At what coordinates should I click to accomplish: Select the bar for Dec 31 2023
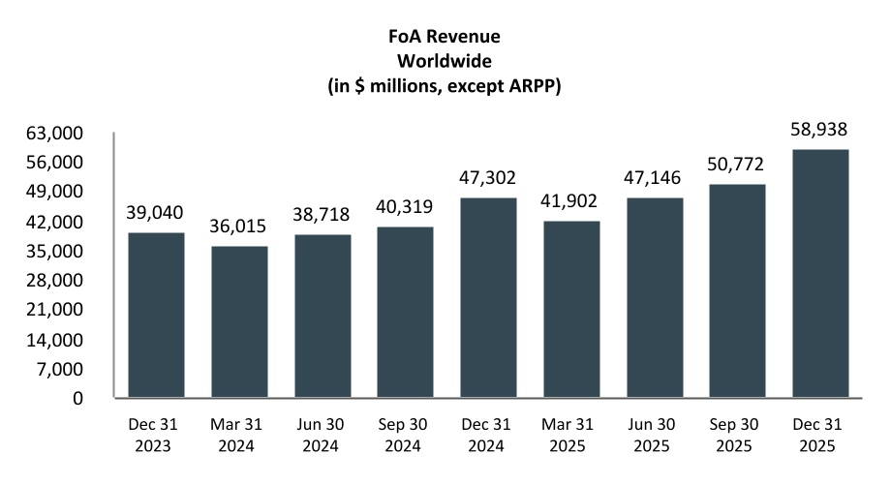(156, 315)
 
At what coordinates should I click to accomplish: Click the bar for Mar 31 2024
(239, 321)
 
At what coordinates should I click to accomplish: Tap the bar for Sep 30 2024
(405, 312)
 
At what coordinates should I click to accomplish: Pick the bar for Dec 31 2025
(820, 273)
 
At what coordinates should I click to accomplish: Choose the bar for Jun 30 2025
(655, 297)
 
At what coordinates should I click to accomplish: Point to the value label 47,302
(488, 178)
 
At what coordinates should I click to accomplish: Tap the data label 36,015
(239, 228)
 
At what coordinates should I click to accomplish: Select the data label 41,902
(571, 202)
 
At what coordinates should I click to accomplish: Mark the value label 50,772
(738, 165)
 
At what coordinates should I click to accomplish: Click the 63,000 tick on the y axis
(59, 133)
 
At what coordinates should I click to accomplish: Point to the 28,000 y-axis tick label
(59, 281)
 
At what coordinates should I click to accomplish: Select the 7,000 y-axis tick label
(64, 369)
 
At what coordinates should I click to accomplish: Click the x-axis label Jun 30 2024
(322, 436)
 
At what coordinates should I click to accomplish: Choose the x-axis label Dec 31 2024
(488, 436)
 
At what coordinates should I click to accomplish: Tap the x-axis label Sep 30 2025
(738, 436)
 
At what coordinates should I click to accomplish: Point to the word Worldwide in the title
(445, 61)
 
